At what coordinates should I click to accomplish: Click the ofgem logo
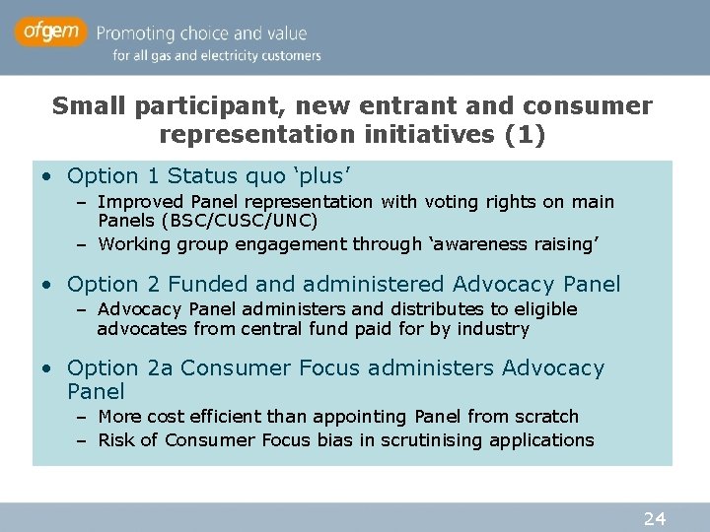click(50, 33)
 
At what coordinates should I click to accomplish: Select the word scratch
click(547, 417)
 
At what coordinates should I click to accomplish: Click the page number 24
click(656, 518)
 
